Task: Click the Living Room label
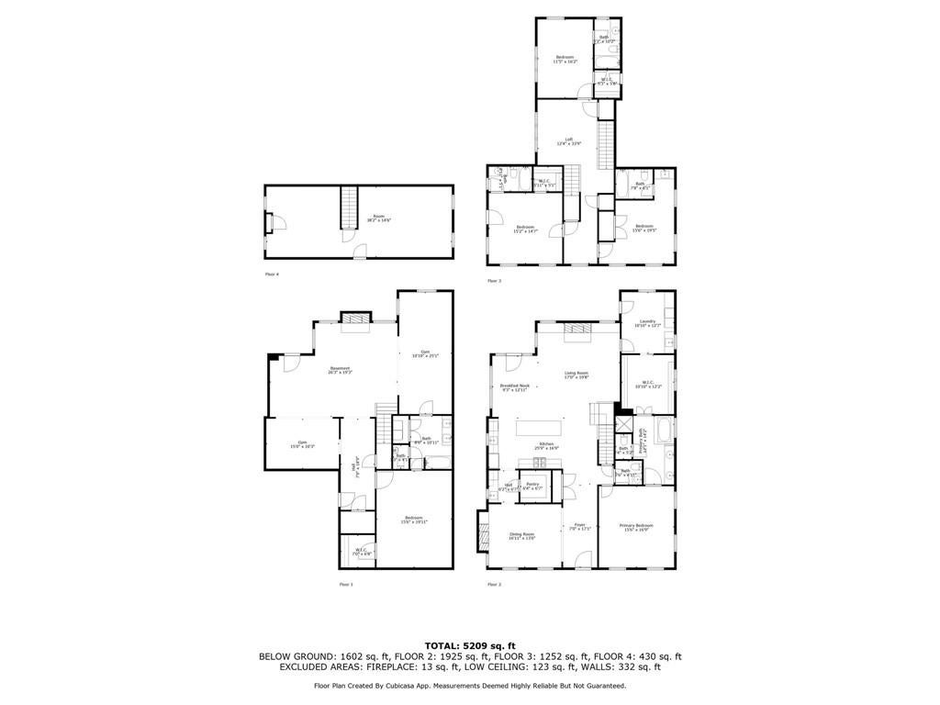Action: click(576, 375)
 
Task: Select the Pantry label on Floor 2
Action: click(532, 485)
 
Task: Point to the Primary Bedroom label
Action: click(636, 527)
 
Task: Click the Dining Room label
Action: click(521, 535)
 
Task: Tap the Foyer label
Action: click(579, 527)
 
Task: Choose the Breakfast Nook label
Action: click(513, 387)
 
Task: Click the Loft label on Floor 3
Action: click(569, 141)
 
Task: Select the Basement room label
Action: click(340, 371)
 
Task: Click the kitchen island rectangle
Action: click(547, 428)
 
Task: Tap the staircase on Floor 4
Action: click(348, 208)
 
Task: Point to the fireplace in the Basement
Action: click(355, 318)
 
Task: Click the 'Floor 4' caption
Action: click(272, 274)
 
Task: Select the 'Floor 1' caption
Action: click(345, 584)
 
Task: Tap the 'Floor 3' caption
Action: click(494, 280)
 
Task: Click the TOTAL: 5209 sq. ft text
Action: click(469, 645)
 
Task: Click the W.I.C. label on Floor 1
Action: click(362, 552)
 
